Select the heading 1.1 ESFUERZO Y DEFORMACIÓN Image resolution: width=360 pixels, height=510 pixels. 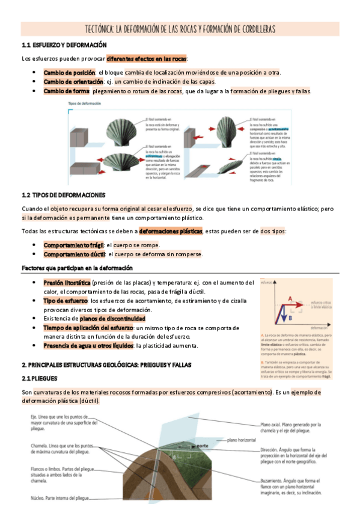pyautogui.click(x=64, y=46)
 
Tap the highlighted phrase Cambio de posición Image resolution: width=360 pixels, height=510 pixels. pyautogui.click(x=69, y=72)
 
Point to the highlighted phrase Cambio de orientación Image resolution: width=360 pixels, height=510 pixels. pyautogui.click(x=73, y=82)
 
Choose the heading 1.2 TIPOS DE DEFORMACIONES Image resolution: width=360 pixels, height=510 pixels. pyautogui.click(x=63, y=195)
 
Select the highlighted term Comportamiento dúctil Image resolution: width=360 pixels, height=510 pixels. pyautogui.click(x=73, y=254)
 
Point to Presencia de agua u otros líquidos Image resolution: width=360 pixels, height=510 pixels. pyautogui.click(x=89, y=346)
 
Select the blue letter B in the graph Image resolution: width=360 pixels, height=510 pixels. pyautogui.click(x=290, y=316)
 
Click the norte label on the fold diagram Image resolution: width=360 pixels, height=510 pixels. pyautogui.click(x=203, y=446)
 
